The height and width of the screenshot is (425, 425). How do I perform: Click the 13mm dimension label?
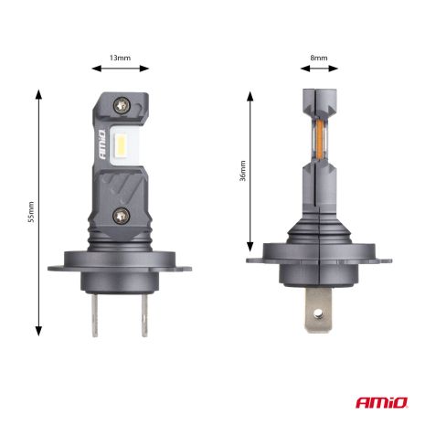click(x=119, y=58)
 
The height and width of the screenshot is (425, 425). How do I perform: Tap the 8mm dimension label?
click(x=318, y=58)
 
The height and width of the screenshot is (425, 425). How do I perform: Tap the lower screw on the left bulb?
click(x=121, y=215)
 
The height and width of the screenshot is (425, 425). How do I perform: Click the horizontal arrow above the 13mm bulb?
click(x=119, y=68)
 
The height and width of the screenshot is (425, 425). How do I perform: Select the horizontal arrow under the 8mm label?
click(x=318, y=68)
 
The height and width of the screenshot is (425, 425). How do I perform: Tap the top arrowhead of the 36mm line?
click(x=251, y=93)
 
